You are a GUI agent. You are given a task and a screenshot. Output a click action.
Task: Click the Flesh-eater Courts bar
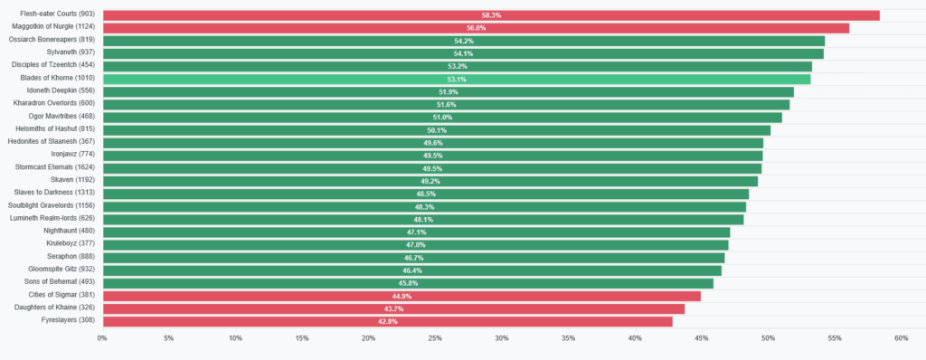tap(491, 15)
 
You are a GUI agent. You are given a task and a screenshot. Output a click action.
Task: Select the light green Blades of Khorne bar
tap(457, 80)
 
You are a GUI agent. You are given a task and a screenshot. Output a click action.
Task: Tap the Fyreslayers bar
tap(388, 322)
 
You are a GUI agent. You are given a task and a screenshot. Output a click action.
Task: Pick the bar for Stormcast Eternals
tap(432, 168)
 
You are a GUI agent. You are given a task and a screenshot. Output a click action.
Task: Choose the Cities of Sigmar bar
tap(402, 296)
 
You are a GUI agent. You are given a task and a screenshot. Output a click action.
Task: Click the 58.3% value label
tap(491, 15)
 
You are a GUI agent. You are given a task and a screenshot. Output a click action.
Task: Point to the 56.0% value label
tap(476, 28)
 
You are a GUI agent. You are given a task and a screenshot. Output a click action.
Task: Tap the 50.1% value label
tap(437, 130)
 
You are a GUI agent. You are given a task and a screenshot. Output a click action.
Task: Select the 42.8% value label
tap(388, 322)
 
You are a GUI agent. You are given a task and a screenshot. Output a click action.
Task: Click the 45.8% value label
tap(408, 283)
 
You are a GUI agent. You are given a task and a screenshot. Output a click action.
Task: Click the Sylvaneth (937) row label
tap(71, 52)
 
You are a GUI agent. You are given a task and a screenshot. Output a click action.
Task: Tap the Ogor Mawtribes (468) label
tap(62, 117)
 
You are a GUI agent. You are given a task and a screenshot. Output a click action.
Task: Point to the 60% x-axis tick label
tap(902, 338)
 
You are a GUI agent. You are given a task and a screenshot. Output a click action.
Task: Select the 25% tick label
tap(435, 338)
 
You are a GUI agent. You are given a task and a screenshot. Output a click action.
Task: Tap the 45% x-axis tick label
tap(702, 338)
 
